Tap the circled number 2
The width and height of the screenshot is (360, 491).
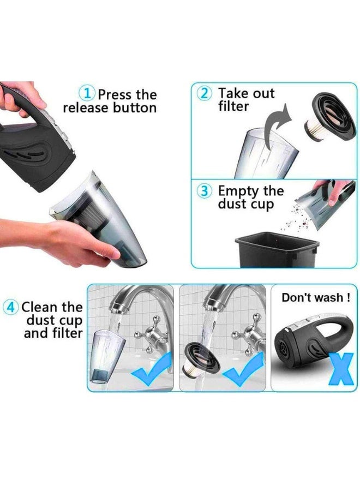pos(204,93)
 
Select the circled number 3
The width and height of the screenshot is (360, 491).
pos(204,191)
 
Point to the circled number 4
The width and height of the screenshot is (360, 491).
pos(11,307)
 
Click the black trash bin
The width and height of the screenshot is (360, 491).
pos(277,249)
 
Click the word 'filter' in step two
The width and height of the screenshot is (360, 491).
pos(233,106)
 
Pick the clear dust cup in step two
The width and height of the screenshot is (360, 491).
pos(266,153)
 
